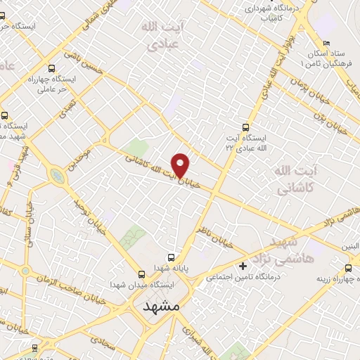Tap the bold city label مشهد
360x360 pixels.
coord(161,307)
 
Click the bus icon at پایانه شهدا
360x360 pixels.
coord(171,257)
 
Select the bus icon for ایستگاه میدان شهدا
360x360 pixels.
coord(142,274)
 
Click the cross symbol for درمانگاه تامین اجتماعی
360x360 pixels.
coord(243,266)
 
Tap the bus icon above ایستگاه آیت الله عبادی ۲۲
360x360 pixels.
coord(245,127)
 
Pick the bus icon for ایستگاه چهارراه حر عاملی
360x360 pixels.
coord(52,69)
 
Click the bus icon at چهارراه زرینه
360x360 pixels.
coord(349,268)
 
